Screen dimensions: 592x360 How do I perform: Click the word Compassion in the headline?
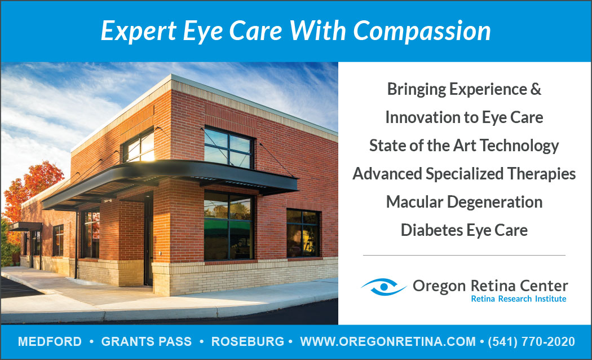pyautogui.click(x=422, y=31)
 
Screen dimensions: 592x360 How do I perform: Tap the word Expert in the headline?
pyautogui.click(x=139, y=32)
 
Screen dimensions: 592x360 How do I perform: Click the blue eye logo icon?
pyautogui.click(x=383, y=287)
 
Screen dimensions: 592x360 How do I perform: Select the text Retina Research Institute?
pyautogui.click(x=518, y=299)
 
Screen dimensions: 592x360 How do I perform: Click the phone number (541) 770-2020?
pyautogui.click(x=531, y=341)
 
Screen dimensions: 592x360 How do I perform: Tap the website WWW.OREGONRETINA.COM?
pyautogui.click(x=388, y=341)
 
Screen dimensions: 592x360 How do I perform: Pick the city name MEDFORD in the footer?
pyautogui.click(x=50, y=341)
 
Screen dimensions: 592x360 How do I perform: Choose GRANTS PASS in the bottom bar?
pyautogui.click(x=147, y=341)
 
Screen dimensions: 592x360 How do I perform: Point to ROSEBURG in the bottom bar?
pyautogui.click(x=248, y=341)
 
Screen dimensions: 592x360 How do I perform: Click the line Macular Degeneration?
pyautogui.click(x=464, y=202)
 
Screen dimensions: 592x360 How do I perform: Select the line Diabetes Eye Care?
pyautogui.click(x=464, y=230)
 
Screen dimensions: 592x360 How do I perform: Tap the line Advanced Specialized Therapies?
pyautogui.click(x=464, y=174)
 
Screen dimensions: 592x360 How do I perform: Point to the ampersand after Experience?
pyautogui.click(x=536, y=89)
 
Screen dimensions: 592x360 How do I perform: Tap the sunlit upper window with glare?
pyautogui.click(x=139, y=147)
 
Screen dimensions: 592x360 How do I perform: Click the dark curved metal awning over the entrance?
pyautogui.click(x=170, y=181)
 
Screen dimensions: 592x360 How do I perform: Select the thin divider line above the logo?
pyautogui.click(x=464, y=256)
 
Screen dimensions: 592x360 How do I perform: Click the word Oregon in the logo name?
pyautogui.click(x=439, y=286)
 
